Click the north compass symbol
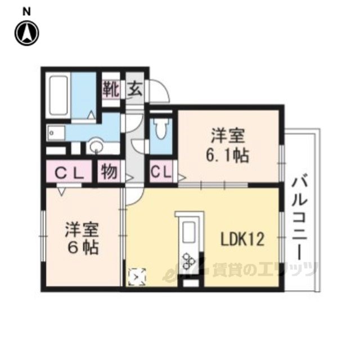[x=26, y=33]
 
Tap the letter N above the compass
[x=26, y=11]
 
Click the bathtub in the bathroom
[x=58, y=96]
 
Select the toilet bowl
[x=161, y=129]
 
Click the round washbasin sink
[x=96, y=146]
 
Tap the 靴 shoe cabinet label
[x=111, y=89]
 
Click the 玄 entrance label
[x=135, y=89]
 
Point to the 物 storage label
[x=109, y=172]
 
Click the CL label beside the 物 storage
[x=69, y=173]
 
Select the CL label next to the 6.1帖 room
[x=161, y=172]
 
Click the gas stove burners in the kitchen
[x=189, y=261]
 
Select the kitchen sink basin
[x=189, y=232]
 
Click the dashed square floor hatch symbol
[x=137, y=277]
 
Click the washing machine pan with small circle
[x=56, y=133]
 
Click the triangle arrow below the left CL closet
[x=61, y=191]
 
